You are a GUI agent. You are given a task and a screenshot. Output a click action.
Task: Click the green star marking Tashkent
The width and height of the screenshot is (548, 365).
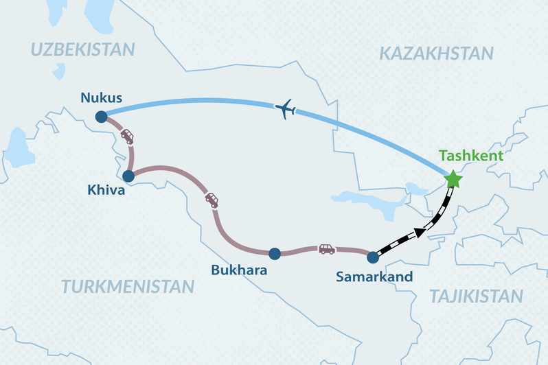coord(453,180)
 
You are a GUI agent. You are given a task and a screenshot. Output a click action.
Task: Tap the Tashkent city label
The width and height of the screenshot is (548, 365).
coord(472,156)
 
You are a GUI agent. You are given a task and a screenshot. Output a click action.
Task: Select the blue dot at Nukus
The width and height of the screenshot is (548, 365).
coord(101,117)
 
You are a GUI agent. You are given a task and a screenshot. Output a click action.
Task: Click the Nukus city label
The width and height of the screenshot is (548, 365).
coord(101,97)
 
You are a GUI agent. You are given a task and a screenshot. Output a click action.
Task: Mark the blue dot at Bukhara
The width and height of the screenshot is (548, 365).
coord(275,254)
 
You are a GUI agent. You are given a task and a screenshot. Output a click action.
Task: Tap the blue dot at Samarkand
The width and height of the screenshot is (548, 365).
coord(373,258)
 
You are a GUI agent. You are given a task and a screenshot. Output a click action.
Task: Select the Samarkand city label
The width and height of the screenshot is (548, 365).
coord(374,277)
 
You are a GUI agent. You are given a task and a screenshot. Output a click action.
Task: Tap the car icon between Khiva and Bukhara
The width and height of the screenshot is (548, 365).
coord(212,200)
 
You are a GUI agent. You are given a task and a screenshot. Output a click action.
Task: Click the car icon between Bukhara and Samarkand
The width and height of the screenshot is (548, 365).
coord(327,249)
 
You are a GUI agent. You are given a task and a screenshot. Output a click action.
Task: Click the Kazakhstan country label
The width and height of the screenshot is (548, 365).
coord(436,54)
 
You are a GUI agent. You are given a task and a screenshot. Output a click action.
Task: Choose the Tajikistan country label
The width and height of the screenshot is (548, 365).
coord(476,296)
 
